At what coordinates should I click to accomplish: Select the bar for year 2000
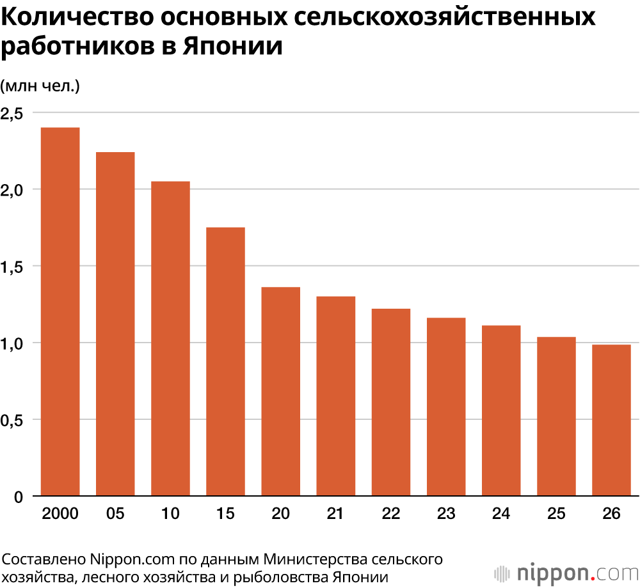pyautogui.click(x=60, y=312)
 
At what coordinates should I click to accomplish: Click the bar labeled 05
pyautogui.click(x=115, y=324)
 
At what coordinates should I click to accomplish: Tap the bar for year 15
pyautogui.click(x=225, y=362)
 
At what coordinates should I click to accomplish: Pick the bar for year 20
pyautogui.click(x=280, y=392)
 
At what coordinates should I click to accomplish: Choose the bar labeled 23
pyautogui.click(x=446, y=406)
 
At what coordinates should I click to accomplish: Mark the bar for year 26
pyautogui.click(x=611, y=420)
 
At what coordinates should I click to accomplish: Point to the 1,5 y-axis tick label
pyautogui.click(x=12, y=267)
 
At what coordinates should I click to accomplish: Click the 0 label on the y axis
pyautogui.click(x=19, y=497)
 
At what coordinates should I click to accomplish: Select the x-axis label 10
pyautogui.click(x=170, y=513)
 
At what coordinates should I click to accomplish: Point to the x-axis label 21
pyautogui.click(x=335, y=513)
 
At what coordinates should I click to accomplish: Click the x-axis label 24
pyautogui.click(x=501, y=513)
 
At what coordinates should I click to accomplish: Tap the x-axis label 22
pyautogui.click(x=391, y=513)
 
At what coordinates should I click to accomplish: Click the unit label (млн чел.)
pyautogui.click(x=40, y=86)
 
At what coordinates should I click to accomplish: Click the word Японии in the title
pyautogui.click(x=232, y=45)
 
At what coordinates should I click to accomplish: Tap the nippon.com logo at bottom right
pyautogui.click(x=566, y=573)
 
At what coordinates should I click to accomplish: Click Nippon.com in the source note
pyautogui.click(x=132, y=559)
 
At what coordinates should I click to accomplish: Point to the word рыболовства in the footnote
pyautogui.click(x=282, y=577)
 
